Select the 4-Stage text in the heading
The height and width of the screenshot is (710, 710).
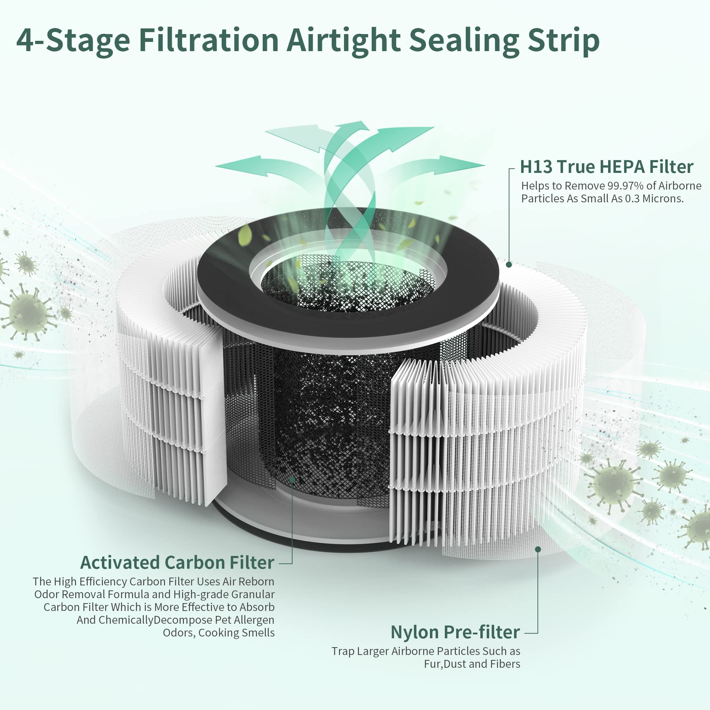73,41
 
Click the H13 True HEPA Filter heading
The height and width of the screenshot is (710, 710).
606,167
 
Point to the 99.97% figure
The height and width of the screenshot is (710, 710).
626,186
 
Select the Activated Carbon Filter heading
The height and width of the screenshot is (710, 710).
177,562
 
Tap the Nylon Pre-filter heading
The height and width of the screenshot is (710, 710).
455,632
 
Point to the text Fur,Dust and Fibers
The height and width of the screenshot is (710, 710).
472,664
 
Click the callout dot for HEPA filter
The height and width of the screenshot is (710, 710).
509,264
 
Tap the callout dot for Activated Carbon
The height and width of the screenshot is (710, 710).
292,480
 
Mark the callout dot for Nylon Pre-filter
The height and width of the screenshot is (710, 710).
537,549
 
